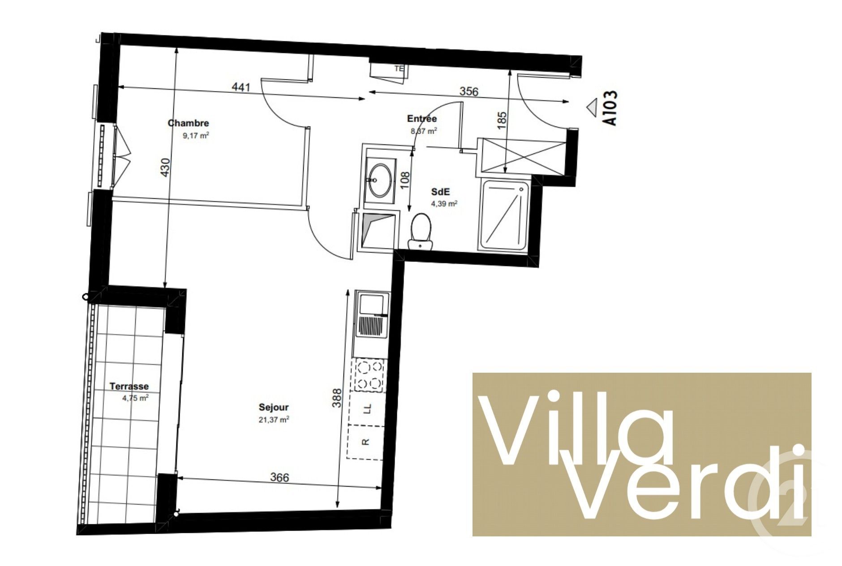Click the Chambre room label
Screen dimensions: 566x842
click(188, 123)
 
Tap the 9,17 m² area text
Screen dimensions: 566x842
click(196, 135)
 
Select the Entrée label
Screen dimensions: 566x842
click(421, 119)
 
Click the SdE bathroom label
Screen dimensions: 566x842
click(440, 192)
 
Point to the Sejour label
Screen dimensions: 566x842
click(273, 407)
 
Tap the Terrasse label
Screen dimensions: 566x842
click(129, 386)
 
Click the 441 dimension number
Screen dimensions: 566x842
click(241, 87)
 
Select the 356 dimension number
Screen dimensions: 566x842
click(468, 91)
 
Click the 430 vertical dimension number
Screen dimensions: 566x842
click(165, 167)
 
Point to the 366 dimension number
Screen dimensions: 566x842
click(279, 478)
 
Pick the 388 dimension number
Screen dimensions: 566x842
click(337, 398)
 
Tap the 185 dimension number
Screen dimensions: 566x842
click(502, 120)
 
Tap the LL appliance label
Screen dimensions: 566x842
click(367, 409)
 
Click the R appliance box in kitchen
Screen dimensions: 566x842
click(365, 442)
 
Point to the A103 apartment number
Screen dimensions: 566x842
click(610, 108)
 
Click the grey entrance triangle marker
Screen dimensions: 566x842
click(592, 107)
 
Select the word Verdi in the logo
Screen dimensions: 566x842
click(685, 487)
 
